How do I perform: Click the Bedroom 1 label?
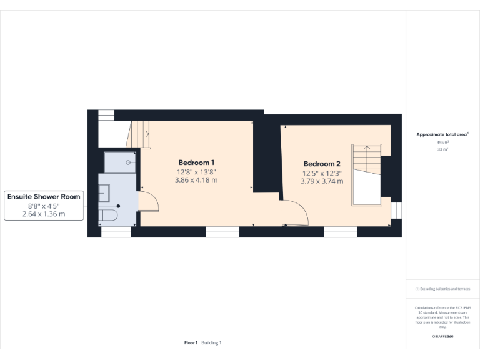click(197, 162)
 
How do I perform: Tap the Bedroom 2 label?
click(322, 164)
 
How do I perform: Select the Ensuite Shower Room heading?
click(44, 196)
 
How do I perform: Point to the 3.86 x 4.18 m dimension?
click(197, 180)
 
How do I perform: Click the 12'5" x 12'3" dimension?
click(322, 173)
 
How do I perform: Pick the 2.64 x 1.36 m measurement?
click(44, 214)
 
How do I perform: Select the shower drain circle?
click(129, 162)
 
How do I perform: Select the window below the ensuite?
click(116, 232)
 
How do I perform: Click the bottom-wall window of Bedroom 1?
click(222, 232)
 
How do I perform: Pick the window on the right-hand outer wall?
click(396, 210)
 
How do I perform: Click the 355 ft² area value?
click(443, 142)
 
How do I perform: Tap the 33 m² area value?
click(443, 149)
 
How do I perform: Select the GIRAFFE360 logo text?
click(443, 337)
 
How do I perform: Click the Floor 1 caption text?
click(191, 342)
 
